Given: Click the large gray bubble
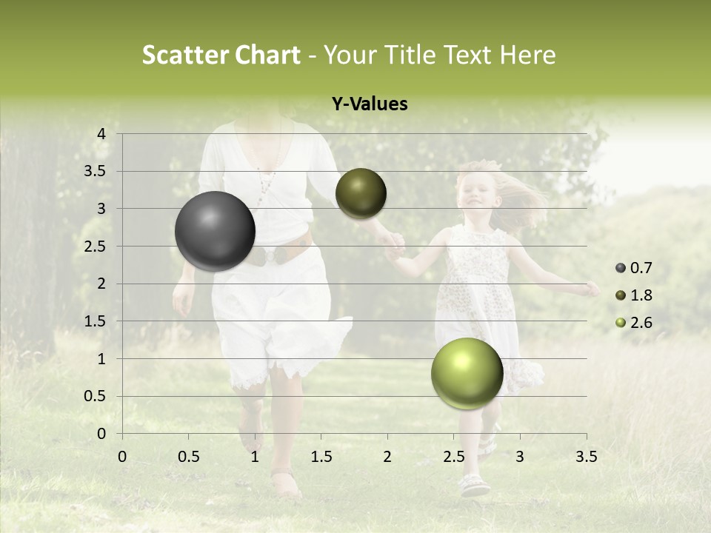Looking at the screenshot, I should [x=215, y=231].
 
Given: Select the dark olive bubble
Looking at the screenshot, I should [x=361, y=193].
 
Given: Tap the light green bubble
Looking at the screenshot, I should [x=467, y=373].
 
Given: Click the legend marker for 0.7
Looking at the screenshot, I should [x=621, y=268].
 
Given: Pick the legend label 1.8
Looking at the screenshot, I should [x=641, y=295].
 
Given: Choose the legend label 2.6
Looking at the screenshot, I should [x=641, y=323].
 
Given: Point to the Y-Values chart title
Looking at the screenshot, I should [x=370, y=104].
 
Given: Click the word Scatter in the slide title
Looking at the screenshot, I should [x=185, y=55].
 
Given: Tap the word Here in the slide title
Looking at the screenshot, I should [x=527, y=55].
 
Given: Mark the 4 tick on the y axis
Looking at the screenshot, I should [x=101, y=134].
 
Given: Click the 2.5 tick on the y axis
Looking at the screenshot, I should [x=96, y=247].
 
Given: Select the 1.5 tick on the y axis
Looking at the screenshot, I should [x=96, y=321].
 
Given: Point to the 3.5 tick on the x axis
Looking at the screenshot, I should [x=586, y=457].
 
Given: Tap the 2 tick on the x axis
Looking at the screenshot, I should [x=387, y=457].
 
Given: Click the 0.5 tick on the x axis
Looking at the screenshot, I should [x=189, y=457].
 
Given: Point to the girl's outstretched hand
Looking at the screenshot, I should [x=591, y=289].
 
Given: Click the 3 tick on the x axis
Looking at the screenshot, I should [x=519, y=457].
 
